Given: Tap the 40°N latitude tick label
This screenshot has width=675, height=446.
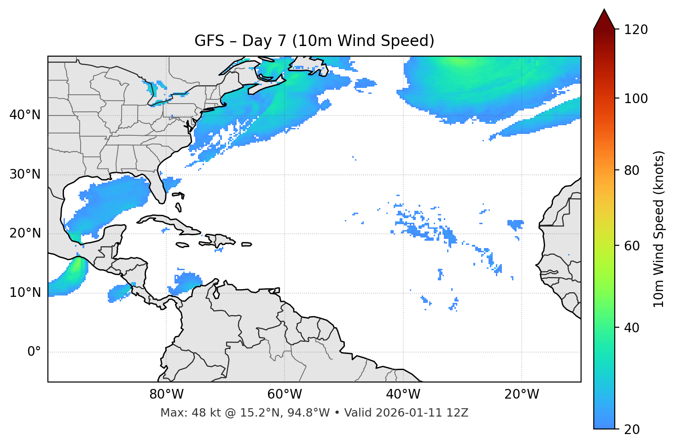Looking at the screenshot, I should tap(25, 115).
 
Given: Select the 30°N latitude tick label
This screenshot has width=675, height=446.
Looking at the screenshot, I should tap(25, 174).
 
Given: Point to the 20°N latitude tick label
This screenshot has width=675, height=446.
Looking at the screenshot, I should tap(25, 233).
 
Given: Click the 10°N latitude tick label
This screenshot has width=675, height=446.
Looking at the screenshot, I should tap(25, 293).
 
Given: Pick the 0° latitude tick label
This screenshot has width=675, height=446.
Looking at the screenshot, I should tap(34, 352).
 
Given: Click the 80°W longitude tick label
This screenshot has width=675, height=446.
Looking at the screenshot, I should tap(166, 394).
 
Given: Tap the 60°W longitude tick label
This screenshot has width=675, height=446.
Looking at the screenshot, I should tap(285, 394).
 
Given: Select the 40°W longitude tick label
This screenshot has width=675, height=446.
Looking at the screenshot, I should tap(403, 394).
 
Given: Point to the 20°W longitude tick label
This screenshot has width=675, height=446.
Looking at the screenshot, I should tap(521, 394).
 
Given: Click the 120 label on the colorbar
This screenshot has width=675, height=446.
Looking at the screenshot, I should tap(636, 30).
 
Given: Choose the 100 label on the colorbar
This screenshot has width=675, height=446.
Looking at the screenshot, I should tap(636, 98).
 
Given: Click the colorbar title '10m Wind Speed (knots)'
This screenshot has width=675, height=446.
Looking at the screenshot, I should tap(659, 229).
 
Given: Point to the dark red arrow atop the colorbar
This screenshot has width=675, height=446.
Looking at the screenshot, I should tap(604, 20).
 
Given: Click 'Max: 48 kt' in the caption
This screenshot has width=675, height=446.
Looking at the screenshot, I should tap(180, 413).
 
